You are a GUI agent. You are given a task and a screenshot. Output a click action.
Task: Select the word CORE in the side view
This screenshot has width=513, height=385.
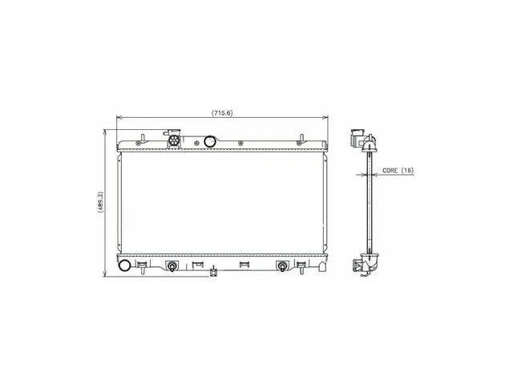pyautogui.click(x=390, y=171)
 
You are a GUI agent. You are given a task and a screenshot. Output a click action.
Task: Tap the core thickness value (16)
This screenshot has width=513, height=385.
pyautogui.click(x=407, y=171)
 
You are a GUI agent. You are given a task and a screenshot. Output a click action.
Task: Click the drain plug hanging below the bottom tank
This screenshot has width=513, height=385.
pyautogui.click(x=213, y=274)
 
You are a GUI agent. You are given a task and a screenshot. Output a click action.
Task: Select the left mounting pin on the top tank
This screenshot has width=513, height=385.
pyautogui.click(x=142, y=138)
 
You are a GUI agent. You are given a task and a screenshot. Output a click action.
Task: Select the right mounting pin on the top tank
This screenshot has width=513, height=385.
pyautogui.click(x=301, y=138)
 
